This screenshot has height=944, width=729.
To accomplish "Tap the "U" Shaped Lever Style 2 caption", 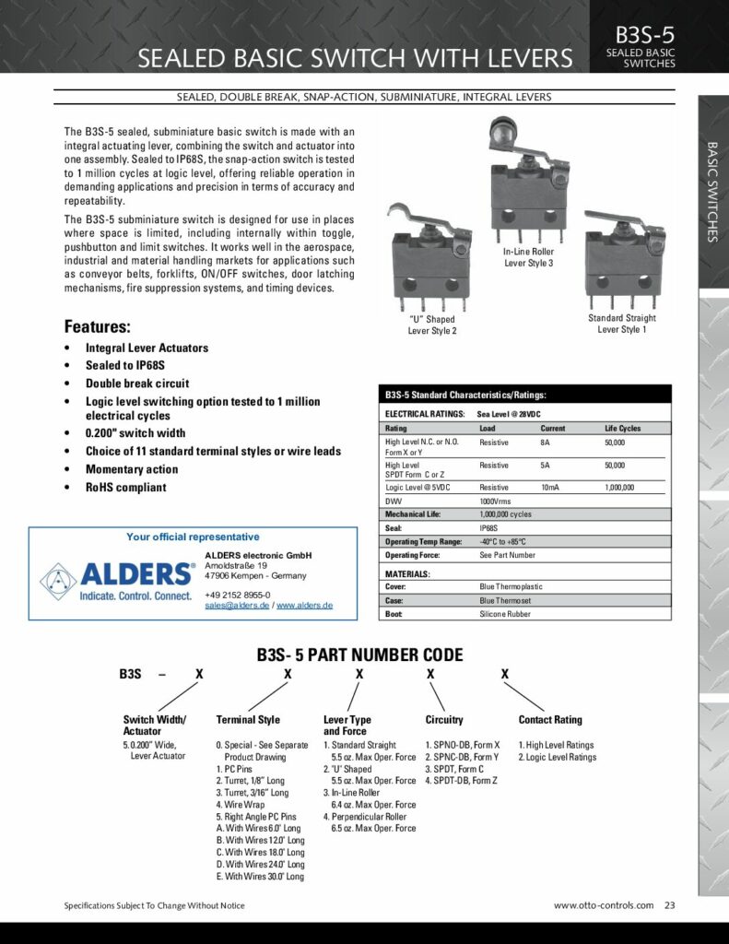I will click(x=431, y=325).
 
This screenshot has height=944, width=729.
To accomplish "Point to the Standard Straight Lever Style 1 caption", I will click(x=622, y=324).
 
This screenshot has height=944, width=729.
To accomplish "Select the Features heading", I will click(x=97, y=326).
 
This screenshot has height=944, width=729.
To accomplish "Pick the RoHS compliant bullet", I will click(x=125, y=488).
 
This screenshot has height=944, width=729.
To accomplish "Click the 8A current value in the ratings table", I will click(x=545, y=442).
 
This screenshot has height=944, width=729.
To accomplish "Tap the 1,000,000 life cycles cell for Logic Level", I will click(x=618, y=487).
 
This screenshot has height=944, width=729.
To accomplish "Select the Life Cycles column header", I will click(x=622, y=429).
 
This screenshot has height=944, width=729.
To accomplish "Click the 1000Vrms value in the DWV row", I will click(x=496, y=501).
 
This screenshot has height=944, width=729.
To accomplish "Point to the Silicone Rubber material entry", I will click(x=504, y=614).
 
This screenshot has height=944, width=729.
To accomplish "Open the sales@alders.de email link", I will click(x=236, y=606).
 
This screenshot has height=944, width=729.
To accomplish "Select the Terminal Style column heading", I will click(x=248, y=720).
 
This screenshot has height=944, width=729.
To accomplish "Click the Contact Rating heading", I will click(x=550, y=720).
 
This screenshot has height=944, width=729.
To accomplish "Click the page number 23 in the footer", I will click(x=669, y=905).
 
